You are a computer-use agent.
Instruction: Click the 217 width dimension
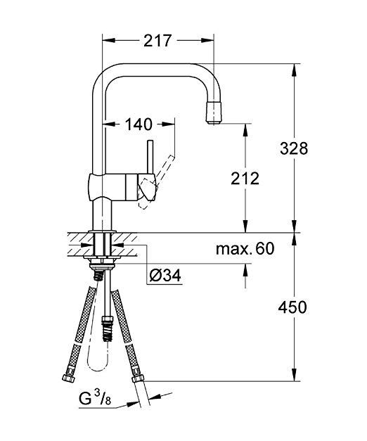[157, 41]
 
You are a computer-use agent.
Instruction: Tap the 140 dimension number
[139, 124]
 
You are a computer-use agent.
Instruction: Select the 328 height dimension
[294, 148]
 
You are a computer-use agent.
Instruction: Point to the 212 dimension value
[245, 179]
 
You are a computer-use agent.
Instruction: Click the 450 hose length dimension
[292, 307]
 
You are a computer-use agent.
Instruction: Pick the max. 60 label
[245, 248]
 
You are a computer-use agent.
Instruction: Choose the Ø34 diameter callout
[165, 275]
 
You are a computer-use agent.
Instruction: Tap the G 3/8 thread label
[95, 399]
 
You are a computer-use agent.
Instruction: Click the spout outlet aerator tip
[215, 113]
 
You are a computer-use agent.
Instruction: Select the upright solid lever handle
[150, 157]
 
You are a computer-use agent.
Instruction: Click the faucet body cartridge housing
[122, 187]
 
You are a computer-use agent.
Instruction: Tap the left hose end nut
[68, 378]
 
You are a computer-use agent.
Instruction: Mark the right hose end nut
[138, 378]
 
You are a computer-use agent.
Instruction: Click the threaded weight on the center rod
[108, 328]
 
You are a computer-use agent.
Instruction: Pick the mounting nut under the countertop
[101, 265]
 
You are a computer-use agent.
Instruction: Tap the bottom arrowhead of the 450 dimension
[294, 375]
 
